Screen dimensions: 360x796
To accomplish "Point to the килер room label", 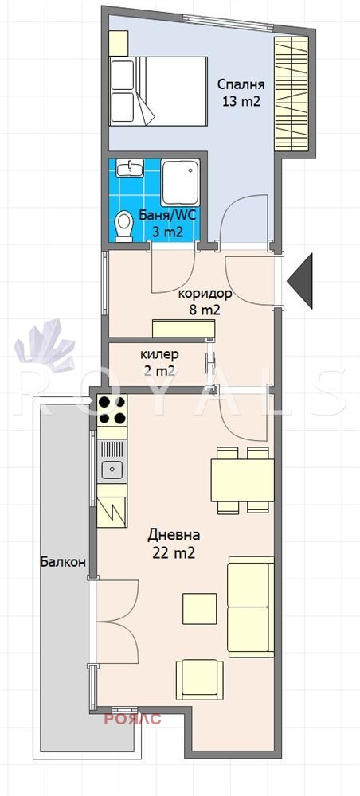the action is pyautogui.click(x=160, y=353).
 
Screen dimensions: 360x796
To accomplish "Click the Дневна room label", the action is pyautogui.click(x=174, y=535).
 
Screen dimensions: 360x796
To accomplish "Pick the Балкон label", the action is pyautogui.click(x=63, y=562).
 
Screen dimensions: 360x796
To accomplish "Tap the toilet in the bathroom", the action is pyautogui.click(x=123, y=226).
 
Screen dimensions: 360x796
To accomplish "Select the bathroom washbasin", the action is pyautogui.click(x=130, y=168).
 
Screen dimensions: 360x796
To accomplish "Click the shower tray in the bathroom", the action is pyautogui.click(x=180, y=182).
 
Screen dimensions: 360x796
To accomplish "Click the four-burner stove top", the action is pyautogui.click(x=112, y=410).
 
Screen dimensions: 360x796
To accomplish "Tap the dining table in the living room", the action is pyautogui.click(x=242, y=481).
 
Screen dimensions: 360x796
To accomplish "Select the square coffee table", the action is pyautogui.click(x=200, y=609).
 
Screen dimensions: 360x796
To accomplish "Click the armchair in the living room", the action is pyautogui.click(x=200, y=680).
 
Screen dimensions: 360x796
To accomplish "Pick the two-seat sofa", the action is pyautogui.click(x=251, y=607).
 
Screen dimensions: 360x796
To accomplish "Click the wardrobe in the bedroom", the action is pyautogui.click(x=292, y=94).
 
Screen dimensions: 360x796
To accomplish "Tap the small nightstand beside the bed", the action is pyautogui.click(x=118, y=43).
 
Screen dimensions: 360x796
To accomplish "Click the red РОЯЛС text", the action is pyautogui.click(x=133, y=719).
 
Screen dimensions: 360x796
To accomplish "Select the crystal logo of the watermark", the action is pyautogui.click(x=45, y=345).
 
